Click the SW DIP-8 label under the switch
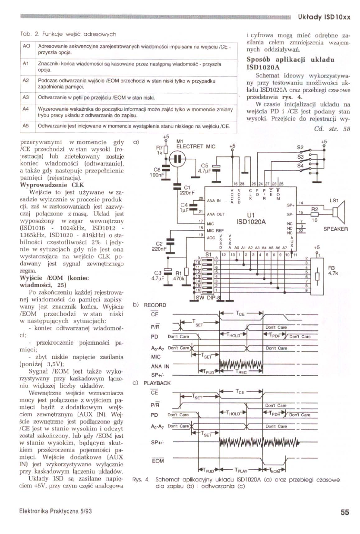point(208,297)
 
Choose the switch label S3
point(300,157)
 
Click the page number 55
point(344,512)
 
